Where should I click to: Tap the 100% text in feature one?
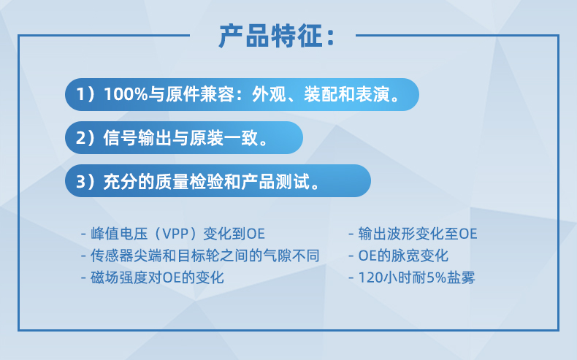click(x=126, y=94)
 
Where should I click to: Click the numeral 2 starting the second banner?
click(x=80, y=138)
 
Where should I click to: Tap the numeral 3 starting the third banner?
click(x=80, y=181)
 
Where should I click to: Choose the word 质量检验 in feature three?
click(x=188, y=181)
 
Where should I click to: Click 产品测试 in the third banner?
click(x=275, y=181)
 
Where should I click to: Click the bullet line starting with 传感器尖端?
click(x=200, y=256)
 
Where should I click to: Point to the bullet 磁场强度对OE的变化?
click(x=152, y=277)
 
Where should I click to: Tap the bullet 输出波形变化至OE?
click(x=413, y=234)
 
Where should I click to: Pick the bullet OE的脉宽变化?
click(x=398, y=256)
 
